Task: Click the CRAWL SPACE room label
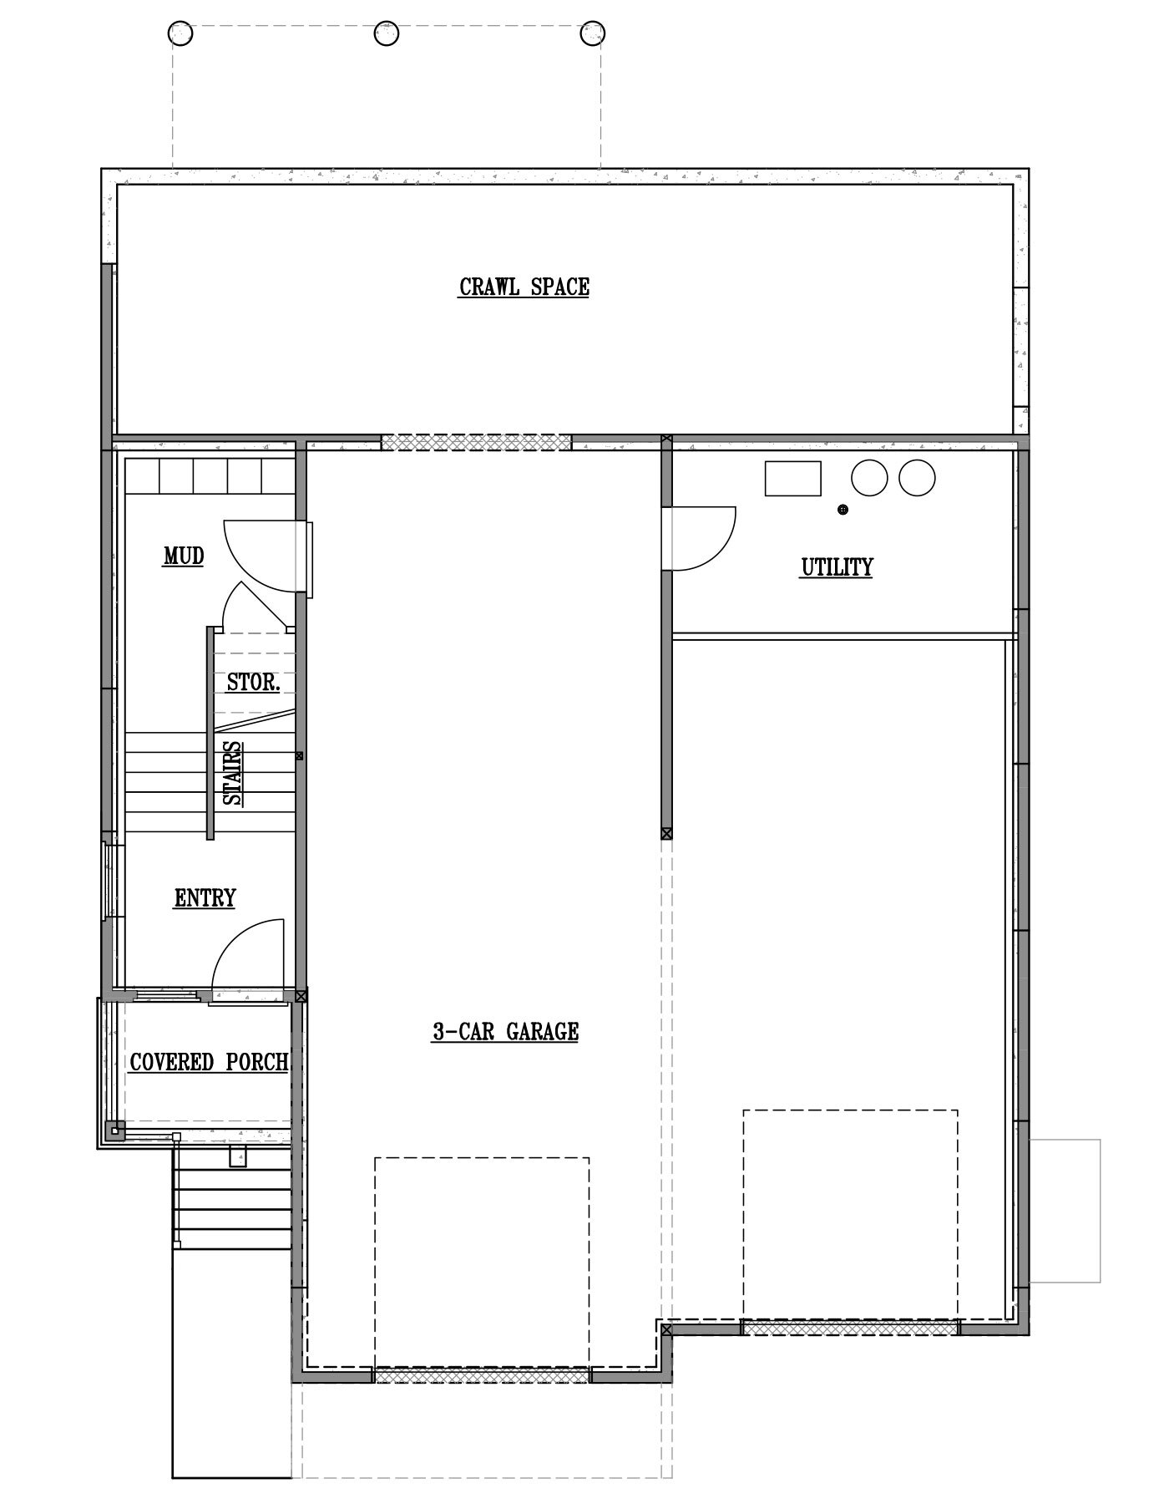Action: pyautogui.click(x=524, y=287)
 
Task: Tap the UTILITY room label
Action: pyautogui.click(x=837, y=567)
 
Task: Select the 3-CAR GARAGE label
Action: pyautogui.click(x=505, y=1032)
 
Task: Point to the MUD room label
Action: pyautogui.click(x=184, y=556)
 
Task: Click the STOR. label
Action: pyautogui.click(x=253, y=682)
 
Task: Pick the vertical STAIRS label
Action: pyautogui.click(x=234, y=773)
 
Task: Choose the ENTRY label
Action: pyautogui.click(x=205, y=898)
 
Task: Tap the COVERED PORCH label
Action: pyautogui.click(x=209, y=1062)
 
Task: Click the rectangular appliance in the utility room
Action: pyautogui.click(x=793, y=478)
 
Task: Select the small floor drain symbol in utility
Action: pyautogui.click(x=843, y=509)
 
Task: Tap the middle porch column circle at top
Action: pyautogui.click(x=386, y=33)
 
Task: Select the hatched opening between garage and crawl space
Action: pyautogui.click(x=476, y=442)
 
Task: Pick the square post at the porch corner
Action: pyautogui.click(x=115, y=1132)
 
